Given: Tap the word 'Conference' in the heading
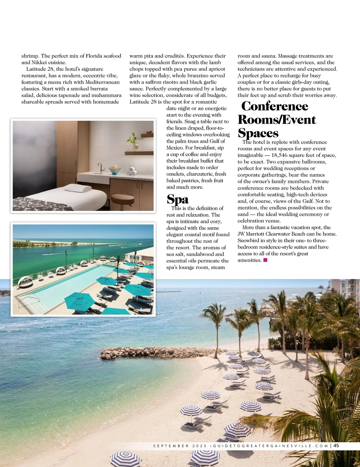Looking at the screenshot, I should coord(274,106).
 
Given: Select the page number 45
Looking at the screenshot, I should coord(336,445).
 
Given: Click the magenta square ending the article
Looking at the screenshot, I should coord(265,260).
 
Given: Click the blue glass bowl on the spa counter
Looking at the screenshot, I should coord(114,170).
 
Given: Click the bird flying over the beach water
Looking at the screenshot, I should coord(164,376).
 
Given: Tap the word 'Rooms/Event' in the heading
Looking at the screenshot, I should coord(277,120).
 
